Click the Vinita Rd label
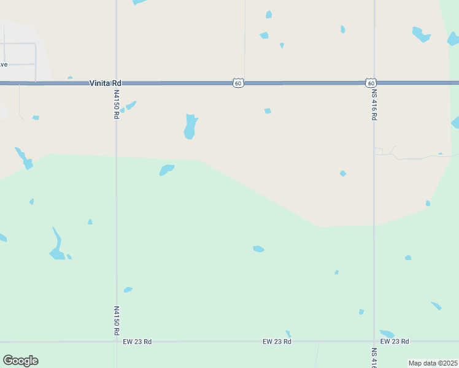point(106,83)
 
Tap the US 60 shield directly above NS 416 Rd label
point(370,82)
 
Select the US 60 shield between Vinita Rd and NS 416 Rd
point(238,83)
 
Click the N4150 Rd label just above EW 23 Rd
point(117,321)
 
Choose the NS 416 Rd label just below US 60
point(374,105)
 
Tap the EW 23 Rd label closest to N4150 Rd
point(137,342)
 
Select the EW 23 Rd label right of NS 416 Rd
point(395,342)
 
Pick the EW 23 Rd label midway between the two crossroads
point(276,342)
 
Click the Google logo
point(20,361)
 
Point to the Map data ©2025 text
point(433,363)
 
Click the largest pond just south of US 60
point(190,127)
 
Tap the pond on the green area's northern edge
point(166,169)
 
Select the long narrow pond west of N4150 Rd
point(57,245)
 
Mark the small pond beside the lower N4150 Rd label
point(128,289)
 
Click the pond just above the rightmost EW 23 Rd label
point(387,334)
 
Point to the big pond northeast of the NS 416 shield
point(421,34)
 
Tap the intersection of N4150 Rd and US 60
point(116,83)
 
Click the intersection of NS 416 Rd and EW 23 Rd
point(374,341)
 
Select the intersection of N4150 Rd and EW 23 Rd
point(117,342)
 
